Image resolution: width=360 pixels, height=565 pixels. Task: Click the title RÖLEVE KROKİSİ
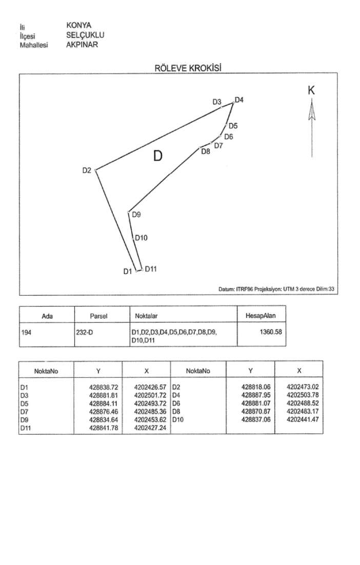point(188,68)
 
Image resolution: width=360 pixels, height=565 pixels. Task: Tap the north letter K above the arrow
point(311,90)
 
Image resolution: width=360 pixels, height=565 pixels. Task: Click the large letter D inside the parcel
point(158,155)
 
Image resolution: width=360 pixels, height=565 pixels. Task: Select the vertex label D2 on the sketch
point(87,170)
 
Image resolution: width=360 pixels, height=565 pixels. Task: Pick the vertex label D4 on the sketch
point(239,100)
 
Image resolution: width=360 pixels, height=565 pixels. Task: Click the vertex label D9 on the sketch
point(136,215)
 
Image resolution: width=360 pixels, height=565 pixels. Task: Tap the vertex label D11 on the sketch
point(150,268)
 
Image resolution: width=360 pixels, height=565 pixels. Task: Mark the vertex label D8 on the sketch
point(205,152)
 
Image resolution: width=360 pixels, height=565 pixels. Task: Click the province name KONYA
point(78,26)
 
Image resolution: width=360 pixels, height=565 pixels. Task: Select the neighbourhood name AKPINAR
point(82,45)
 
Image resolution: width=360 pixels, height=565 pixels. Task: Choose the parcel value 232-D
point(85,333)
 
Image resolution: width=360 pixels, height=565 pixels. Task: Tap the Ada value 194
point(27,333)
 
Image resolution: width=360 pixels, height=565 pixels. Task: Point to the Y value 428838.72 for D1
point(104,386)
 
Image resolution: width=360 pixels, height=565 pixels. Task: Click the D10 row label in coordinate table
point(177,419)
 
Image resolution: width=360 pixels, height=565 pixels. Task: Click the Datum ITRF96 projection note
point(276,289)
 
